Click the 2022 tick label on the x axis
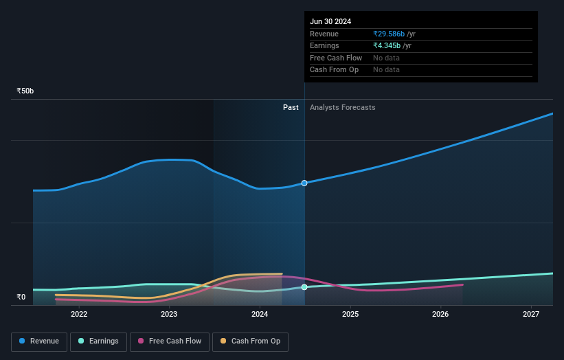coord(79,315)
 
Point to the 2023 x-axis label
coord(169,315)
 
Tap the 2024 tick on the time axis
coord(260,315)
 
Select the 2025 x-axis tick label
coord(350,315)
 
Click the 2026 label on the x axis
coord(440,315)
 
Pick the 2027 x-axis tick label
coord(531,315)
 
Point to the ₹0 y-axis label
coord(21,297)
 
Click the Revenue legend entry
coord(39,341)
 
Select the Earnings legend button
coord(99,341)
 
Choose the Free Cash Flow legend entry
coord(170,341)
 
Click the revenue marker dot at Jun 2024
coord(304,183)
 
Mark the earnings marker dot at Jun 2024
coord(304,287)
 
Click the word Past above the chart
coord(291,107)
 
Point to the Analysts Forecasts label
coord(343,107)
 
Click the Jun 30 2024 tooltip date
coord(330,21)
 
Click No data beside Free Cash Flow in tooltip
coord(386,58)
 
